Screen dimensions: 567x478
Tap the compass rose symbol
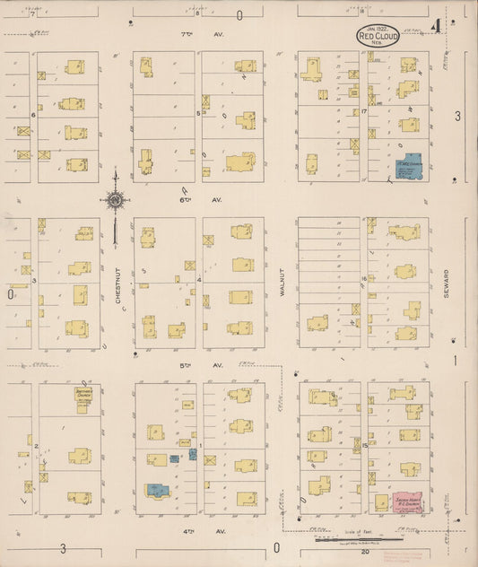click(116, 200)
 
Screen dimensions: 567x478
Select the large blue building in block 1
click(158, 491)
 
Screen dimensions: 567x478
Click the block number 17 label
click(364, 112)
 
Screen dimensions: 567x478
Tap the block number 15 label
click(367, 445)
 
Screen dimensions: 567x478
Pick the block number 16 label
click(364, 279)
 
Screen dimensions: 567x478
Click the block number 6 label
click(33, 115)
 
